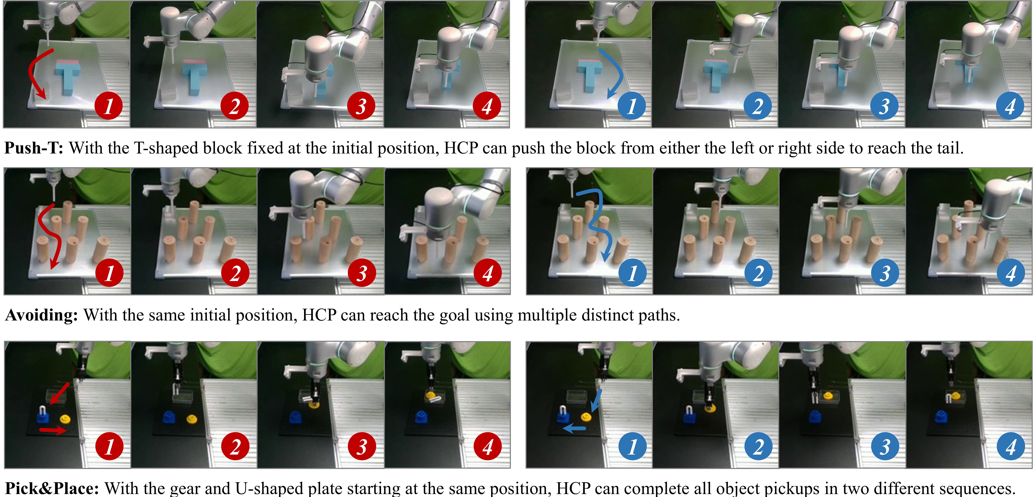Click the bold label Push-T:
pos(34,148)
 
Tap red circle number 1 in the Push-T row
pos(109,106)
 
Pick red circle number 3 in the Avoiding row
pos(362,273)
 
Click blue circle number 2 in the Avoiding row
pos(758,273)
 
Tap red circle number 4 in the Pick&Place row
pos(488,446)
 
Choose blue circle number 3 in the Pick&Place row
pos(885,446)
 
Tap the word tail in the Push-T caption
pos(949,148)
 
